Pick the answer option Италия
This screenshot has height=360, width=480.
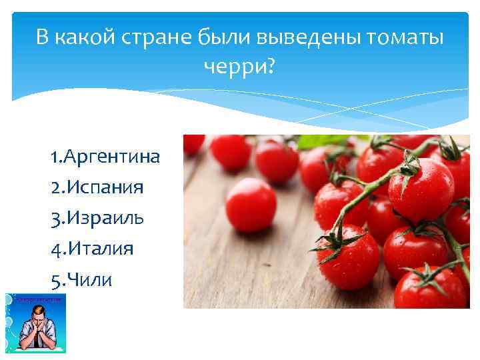(99, 249)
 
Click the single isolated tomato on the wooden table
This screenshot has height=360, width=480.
(251, 204)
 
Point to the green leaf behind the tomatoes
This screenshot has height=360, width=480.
(327, 141)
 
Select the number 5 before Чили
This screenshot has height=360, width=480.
(54, 280)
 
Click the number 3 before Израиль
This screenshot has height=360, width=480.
(54, 218)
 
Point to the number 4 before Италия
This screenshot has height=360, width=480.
(55, 249)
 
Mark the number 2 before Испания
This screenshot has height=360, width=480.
(54, 187)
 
